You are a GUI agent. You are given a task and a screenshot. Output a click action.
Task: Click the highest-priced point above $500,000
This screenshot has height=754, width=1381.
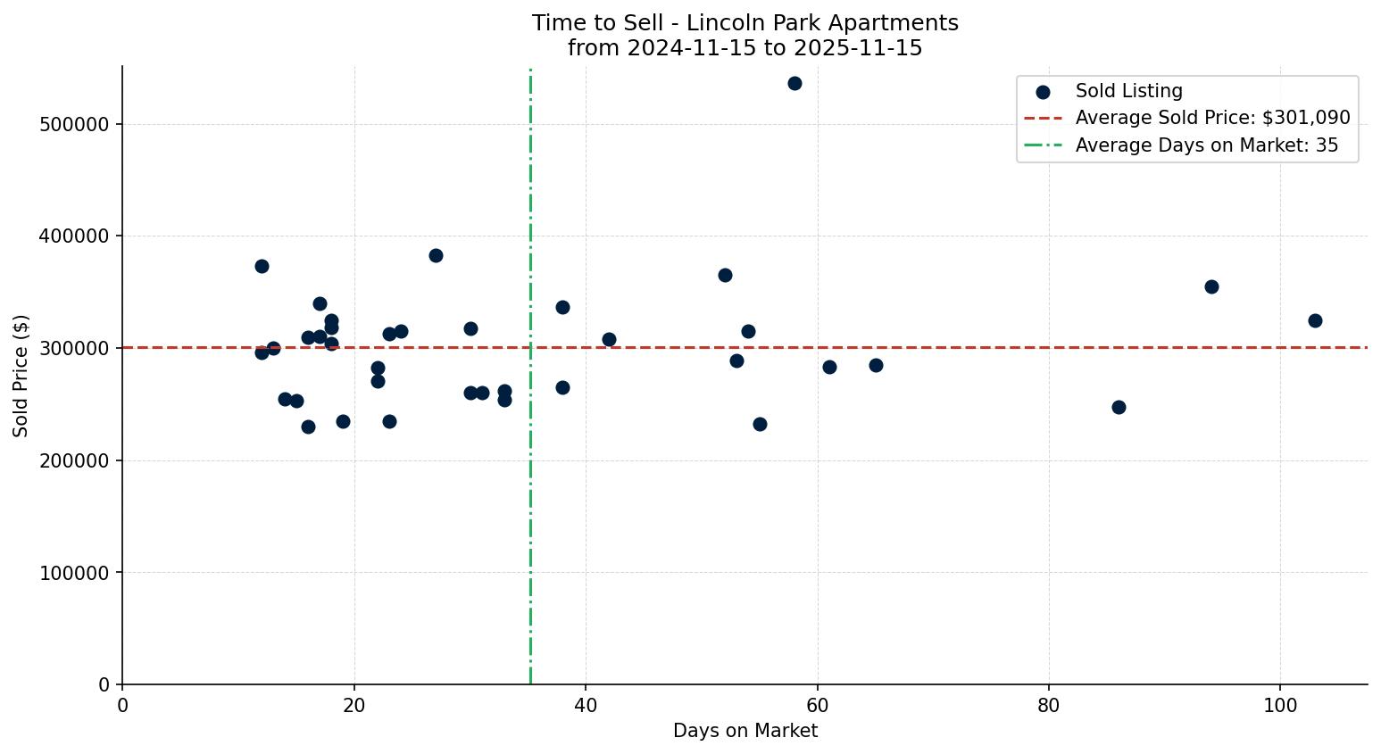[x=794, y=84]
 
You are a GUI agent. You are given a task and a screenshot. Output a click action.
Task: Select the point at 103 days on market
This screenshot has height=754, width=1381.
[x=1315, y=321]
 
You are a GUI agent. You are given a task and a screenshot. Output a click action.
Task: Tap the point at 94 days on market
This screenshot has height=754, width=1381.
[x=1211, y=287]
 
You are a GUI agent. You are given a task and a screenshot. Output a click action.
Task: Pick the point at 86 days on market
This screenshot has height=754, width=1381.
[x=1119, y=408]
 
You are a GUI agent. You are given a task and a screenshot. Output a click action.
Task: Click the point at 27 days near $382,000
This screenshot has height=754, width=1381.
[x=436, y=256]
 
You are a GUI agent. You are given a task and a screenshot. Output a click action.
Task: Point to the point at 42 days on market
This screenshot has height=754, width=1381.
[x=609, y=340]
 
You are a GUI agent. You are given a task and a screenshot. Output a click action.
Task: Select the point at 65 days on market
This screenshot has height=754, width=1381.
[x=876, y=366]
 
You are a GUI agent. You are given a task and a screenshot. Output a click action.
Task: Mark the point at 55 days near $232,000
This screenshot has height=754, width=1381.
[x=760, y=425]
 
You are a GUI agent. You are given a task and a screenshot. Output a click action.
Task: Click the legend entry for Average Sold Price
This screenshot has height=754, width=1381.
[x=1212, y=118]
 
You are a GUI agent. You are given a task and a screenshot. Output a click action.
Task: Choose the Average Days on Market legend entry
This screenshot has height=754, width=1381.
[x=1206, y=145]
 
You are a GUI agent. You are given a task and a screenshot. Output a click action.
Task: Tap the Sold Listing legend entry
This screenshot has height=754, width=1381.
[x=1128, y=91]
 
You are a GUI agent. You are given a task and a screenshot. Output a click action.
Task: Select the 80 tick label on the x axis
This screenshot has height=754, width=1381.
[x=1048, y=706]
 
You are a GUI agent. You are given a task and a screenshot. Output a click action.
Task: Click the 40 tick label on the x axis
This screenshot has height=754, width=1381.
[x=586, y=706]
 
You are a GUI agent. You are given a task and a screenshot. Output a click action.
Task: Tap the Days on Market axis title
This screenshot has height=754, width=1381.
[x=745, y=732]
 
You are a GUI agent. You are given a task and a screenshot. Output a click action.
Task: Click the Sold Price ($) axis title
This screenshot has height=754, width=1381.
[x=21, y=376]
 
